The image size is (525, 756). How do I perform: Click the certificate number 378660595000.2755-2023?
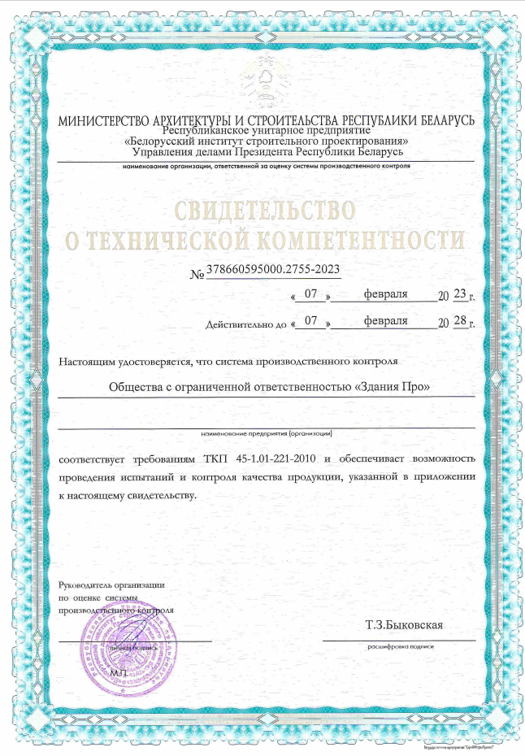[273, 269]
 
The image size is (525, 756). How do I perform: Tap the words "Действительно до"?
[247, 324]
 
